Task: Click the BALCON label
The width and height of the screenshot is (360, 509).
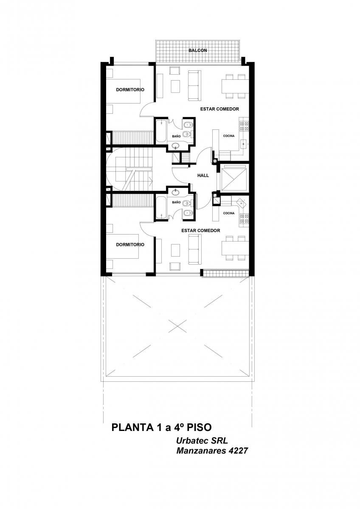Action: [x=198, y=50]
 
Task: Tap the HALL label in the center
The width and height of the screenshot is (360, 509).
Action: [x=203, y=176]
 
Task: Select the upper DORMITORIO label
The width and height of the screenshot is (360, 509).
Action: [x=130, y=90]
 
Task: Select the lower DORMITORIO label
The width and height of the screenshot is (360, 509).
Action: [x=130, y=245]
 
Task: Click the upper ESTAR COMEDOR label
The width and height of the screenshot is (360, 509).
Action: [x=219, y=109]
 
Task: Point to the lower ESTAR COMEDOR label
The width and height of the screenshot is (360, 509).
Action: [x=200, y=231]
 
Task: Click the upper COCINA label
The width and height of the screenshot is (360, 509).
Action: [x=229, y=136]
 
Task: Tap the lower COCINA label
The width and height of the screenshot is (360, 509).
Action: [x=229, y=213]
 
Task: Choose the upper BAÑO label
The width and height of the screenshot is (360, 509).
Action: [x=176, y=136]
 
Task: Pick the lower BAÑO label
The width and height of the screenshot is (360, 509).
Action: [x=176, y=202]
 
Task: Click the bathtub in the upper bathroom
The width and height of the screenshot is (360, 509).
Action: [x=161, y=131]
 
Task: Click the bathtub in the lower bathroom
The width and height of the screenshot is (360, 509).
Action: [x=161, y=208]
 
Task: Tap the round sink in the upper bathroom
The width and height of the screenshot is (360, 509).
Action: [x=176, y=145]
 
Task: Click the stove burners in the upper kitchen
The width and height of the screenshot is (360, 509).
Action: [x=244, y=126]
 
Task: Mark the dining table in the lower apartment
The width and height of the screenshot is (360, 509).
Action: [x=235, y=248]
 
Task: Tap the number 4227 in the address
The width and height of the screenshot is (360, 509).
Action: [x=238, y=450]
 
